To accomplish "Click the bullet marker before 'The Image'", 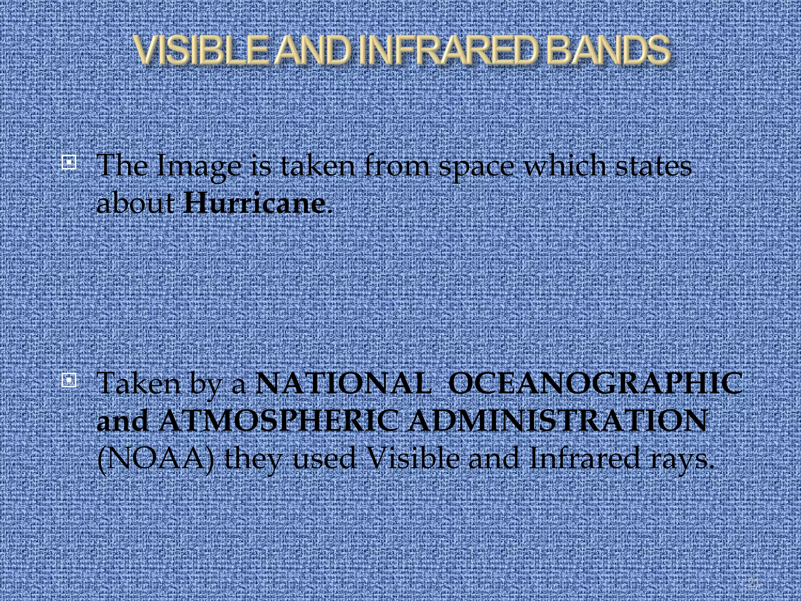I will click(x=69, y=162).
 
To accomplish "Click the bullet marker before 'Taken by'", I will click(x=69, y=380).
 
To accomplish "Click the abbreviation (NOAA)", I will click(x=156, y=459).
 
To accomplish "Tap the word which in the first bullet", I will click(x=566, y=166).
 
